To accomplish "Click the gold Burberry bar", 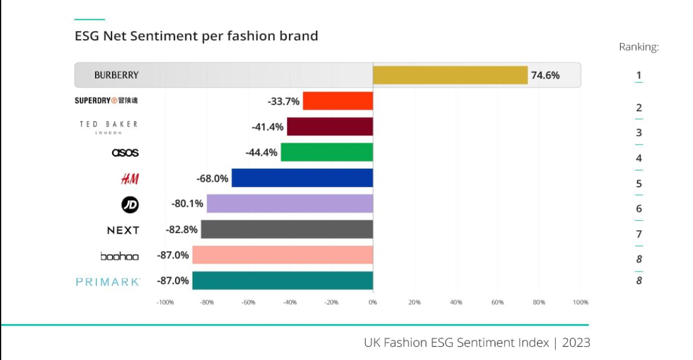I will coord(450,75).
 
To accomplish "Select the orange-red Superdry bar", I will coord(338,101).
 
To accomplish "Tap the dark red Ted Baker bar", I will coord(330,126).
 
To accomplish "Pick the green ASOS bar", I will coord(327,152).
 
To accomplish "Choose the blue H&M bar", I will coord(302,178).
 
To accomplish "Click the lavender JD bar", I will coord(290,203).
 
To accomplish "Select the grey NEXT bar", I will coord(287,229).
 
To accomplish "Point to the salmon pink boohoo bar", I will coord(282,255).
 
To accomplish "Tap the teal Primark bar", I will coord(282,281).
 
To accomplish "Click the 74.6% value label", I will coord(545,75).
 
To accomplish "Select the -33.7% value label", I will coord(284,101).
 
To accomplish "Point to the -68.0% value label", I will coord(213,178).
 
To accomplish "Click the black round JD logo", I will coord(130,205).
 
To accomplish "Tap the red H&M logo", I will coord(129,178).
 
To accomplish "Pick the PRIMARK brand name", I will coord(108,282).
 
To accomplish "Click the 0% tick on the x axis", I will coord(373,302).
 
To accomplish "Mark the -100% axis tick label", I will coord(165,302).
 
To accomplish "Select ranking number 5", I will coord(639,184).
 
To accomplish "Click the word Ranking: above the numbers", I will coord(639,47).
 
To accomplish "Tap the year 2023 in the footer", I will coord(576,343).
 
